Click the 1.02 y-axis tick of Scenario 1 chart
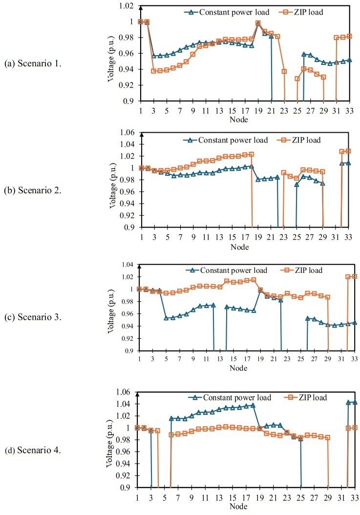tap(126, 6)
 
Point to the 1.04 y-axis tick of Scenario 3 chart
tap(126, 265)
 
